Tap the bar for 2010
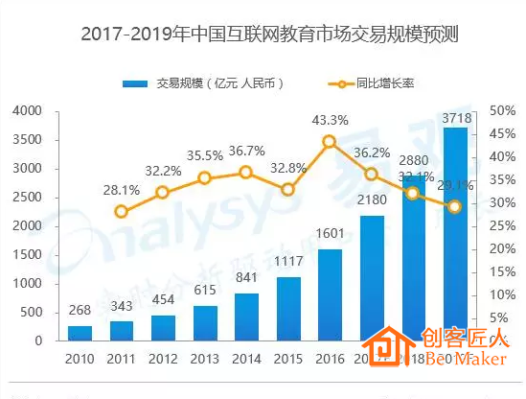[80, 333]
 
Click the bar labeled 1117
[287, 308]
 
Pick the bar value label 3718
[455, 118]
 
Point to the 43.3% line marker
[329, 141]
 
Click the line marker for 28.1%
[121, 212]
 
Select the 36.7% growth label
[246, 151]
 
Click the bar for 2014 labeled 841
[246, 317]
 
